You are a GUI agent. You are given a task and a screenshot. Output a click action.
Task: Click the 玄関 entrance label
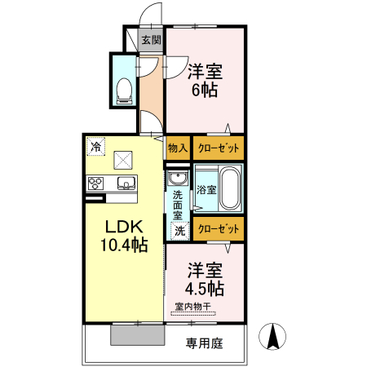150,40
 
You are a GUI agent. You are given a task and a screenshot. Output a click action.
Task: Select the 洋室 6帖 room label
205,80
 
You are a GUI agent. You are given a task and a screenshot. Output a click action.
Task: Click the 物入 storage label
178,148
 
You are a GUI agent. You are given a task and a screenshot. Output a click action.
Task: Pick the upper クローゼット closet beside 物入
219,148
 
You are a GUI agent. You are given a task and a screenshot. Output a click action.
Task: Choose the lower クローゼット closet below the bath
219,229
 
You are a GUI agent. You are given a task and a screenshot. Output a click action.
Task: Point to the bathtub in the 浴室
229,189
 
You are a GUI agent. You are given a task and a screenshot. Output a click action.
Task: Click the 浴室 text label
206,189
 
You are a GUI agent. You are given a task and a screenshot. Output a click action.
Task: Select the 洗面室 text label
178,207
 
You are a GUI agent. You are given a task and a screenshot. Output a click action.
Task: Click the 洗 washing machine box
179,231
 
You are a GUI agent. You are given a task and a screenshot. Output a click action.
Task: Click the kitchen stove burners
95,182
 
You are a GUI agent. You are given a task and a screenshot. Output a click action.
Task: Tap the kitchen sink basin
125,182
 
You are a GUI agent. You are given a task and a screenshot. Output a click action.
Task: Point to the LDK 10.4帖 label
123,234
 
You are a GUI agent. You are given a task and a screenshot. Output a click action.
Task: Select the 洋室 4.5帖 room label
205,278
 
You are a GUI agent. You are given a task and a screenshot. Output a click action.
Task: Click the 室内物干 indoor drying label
192,307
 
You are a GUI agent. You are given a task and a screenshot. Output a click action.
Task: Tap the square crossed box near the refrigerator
123,158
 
